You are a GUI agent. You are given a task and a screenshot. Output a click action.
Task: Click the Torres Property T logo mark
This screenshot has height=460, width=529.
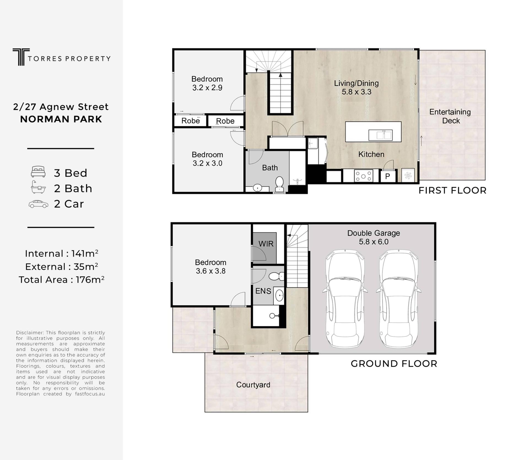click(21, 57)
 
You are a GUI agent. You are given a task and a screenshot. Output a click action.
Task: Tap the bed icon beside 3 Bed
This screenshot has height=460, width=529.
click(38, 171)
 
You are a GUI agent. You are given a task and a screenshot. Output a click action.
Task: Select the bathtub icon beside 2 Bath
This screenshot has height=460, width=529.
click(38, 187)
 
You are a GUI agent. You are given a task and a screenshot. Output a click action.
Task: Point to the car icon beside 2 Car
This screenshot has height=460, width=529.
click(38, 204)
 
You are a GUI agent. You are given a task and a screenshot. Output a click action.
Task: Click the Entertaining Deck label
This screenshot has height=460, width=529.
click(450, 116)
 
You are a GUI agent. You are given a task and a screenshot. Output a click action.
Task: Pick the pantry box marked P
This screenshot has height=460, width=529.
click(388, 176)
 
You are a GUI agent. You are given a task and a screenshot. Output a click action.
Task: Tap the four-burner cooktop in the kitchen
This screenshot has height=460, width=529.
click(363, 176)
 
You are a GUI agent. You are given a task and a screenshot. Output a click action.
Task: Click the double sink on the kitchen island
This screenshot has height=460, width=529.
click(380, 135)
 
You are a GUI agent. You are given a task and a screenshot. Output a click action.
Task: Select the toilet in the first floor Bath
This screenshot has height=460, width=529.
click(279, 184)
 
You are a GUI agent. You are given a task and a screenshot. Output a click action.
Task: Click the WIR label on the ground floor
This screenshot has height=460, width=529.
click(266, 244)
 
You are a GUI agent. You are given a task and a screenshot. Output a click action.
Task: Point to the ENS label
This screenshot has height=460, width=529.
click(263, 291)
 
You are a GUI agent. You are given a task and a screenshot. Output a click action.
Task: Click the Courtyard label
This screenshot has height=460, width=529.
click(253, 385)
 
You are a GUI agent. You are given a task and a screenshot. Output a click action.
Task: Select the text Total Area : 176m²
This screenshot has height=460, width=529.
click(61, 279)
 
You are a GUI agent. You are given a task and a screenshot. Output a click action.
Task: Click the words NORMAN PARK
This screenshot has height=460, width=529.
click(61, 119)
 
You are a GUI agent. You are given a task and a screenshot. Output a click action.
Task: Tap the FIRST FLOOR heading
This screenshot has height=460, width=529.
click(452, 190)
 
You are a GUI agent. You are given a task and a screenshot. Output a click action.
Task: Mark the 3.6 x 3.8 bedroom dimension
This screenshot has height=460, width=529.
click(210, 271)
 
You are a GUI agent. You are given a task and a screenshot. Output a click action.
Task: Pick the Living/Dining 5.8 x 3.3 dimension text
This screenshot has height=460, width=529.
click(357, 92)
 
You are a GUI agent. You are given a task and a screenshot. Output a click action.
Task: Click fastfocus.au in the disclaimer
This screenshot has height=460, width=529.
click(90, 394)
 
